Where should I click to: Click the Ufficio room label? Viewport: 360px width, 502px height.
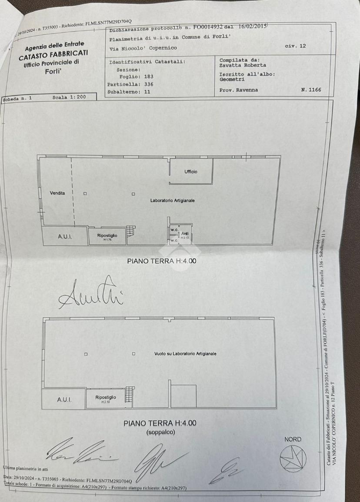click(191, 171)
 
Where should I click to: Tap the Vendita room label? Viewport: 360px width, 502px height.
click(57, 193)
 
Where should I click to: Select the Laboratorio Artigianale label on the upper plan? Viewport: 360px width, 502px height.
click(172, 201)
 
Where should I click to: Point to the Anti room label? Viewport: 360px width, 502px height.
click(184, 234)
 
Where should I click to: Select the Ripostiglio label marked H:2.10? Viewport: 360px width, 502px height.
click(106, 398)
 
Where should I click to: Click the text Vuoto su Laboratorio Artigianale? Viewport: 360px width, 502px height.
click(185, 354)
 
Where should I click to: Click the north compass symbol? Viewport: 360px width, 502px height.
click(293, 459)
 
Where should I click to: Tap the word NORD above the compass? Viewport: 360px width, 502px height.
click(293, 439)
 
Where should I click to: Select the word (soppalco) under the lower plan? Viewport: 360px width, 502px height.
click(160, 432)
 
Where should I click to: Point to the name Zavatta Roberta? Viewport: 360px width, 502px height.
click(243, 65)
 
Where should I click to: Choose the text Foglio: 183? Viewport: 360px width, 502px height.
click(137, 77)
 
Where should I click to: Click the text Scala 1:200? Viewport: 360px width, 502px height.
click(69, 98)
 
